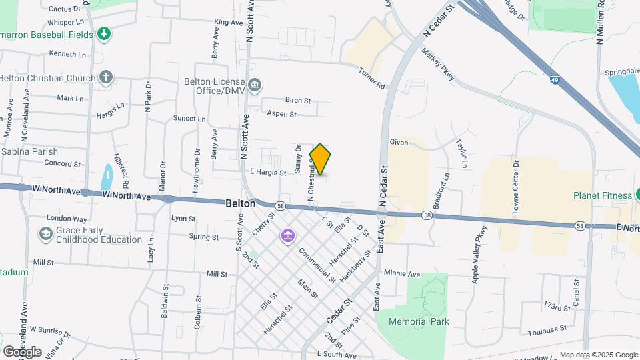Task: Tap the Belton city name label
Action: point(240,204)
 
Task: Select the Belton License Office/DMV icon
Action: point(255,85)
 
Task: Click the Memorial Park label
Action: point(419,321)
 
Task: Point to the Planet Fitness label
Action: point(602,195)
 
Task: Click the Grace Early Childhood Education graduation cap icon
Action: point(45,234)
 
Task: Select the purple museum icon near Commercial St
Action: point(287,235)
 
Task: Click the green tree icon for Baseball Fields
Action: point(103,33)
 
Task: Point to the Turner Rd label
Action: point(372,79)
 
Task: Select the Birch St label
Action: point(298,101)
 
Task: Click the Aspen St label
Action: point(281,114)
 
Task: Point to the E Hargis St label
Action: point(267,173)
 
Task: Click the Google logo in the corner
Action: point(22,351)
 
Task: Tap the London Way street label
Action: point(67,219)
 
